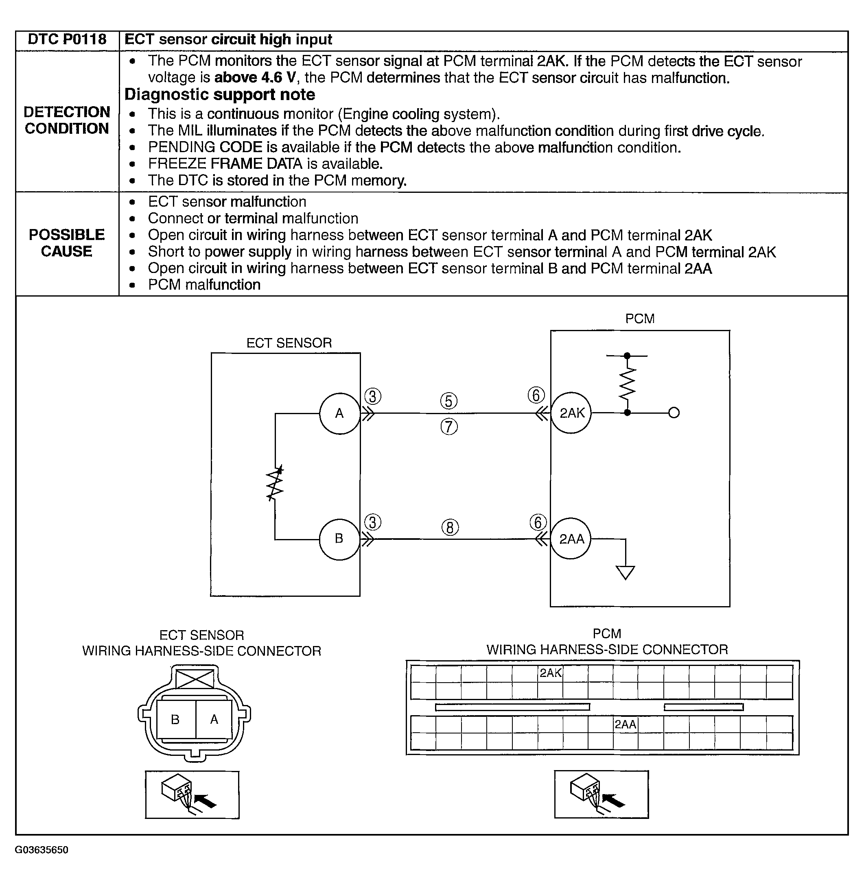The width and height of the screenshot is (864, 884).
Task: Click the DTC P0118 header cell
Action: [x=67, y=40]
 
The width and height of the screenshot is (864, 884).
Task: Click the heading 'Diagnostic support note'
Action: [x=220, y=95]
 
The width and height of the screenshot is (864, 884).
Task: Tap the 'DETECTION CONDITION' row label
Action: [x=67, y=120]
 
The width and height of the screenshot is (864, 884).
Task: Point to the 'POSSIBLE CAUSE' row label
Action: [x=67, y=243]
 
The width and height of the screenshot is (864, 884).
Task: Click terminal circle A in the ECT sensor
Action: [x=339, y=413]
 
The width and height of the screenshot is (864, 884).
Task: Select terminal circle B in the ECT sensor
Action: [x=339, y=539]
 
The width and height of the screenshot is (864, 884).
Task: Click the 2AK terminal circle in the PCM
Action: [x=571, y=413]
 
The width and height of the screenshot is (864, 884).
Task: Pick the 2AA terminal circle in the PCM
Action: [x=571, y=539]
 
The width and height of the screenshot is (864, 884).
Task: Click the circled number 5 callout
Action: [x=449, y=401]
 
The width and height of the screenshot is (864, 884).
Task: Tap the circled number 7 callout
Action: [x=449, y=427]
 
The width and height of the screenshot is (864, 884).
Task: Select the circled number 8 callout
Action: [x=450, y=528]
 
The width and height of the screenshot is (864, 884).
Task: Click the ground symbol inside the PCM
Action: [x=625, y=572]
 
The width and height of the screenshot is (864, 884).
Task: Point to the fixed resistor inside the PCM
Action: [x=627, y=383]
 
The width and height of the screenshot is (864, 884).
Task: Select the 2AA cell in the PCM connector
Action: [x=625, y=725]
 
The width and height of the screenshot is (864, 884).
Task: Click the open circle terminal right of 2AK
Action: [x=674, y=413]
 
